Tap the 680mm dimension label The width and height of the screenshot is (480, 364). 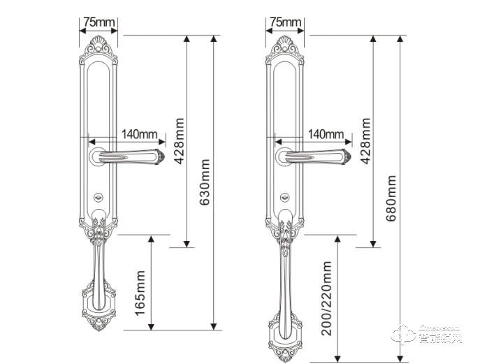coord(391,198)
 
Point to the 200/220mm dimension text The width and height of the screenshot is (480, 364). coord(327,298)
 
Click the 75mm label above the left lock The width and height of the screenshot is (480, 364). coord(99,22)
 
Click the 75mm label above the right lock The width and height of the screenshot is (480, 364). coord(285,22)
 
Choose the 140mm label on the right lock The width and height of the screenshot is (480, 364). coord(326,133)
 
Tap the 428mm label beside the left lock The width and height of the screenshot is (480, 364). coord(179,140)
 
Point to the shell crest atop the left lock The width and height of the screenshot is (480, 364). coord(99,49)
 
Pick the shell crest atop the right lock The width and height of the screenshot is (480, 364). coord(285,49)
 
